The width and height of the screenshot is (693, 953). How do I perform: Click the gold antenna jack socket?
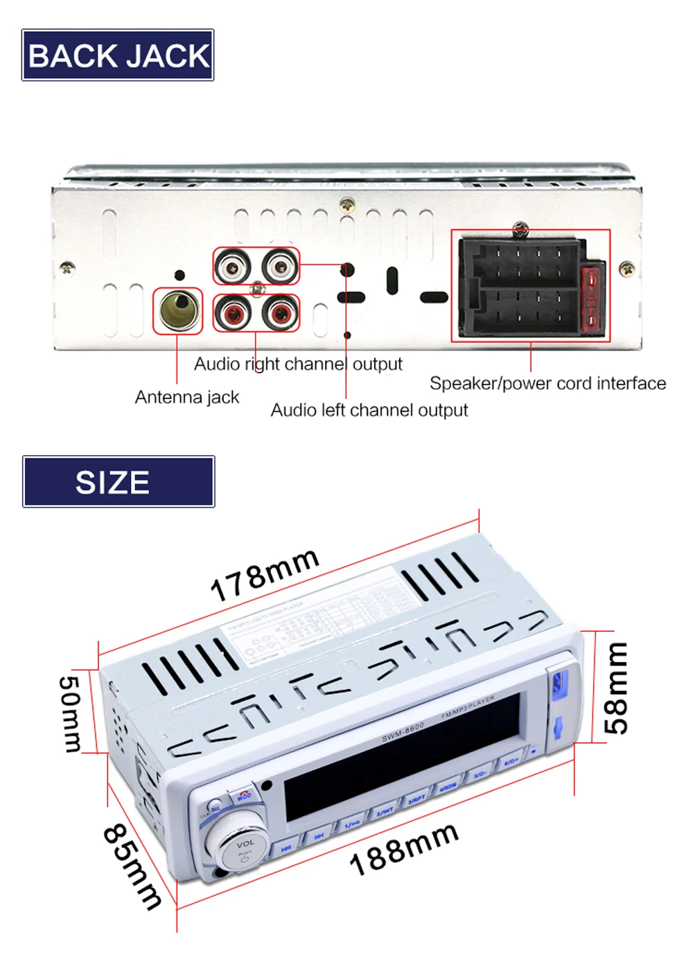[x=178, y=310]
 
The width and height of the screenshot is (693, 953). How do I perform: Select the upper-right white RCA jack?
[x=281, y=265]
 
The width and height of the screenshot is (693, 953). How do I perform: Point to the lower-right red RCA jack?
[x=281, y=313]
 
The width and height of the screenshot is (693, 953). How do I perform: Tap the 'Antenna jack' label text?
[x=186, y=398]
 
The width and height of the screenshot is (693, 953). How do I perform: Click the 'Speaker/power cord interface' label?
[x=547, y=384]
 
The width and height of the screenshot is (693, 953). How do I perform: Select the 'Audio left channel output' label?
[x=369, y=410]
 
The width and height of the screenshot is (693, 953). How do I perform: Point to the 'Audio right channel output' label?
[x=298, y=364]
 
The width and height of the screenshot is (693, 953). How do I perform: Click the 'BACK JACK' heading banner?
[x=118, y=55]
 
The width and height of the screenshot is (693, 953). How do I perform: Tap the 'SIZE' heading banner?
[x=118, y=482]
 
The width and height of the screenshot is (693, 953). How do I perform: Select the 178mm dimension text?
[x=265, y=574]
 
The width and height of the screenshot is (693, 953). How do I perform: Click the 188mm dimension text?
[x=404, y=848]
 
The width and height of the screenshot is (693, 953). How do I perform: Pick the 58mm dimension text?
[x=615, y=688]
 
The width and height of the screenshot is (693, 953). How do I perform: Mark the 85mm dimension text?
[x=132, y=866]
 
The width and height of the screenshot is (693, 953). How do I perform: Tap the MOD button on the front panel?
[x=244, y=796]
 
